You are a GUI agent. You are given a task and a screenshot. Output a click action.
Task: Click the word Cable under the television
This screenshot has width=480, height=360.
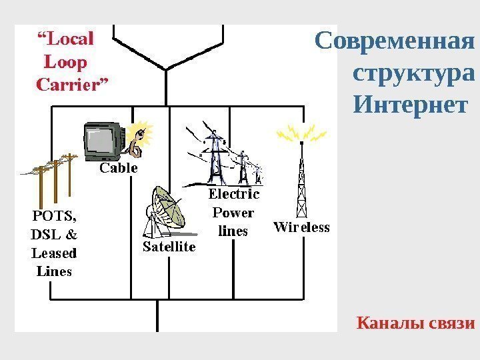pos(119,169)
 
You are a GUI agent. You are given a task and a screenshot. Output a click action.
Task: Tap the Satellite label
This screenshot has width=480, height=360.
pos(170,247)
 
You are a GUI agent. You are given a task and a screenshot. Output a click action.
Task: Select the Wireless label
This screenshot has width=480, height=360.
pos(301,227)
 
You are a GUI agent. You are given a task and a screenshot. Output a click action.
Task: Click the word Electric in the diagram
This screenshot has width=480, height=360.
pos(234,194)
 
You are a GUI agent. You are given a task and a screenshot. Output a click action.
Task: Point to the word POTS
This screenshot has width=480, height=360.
pos(53,215)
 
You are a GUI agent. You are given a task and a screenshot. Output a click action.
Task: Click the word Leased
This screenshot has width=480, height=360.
pos(54,253)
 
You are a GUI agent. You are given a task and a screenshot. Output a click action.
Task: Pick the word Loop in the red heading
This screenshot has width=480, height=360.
pos(65,63)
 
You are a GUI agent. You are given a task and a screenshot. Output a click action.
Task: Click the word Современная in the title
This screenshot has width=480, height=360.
pos(395,41)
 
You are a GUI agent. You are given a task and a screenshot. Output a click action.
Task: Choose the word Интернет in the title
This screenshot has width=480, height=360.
pos(410,105)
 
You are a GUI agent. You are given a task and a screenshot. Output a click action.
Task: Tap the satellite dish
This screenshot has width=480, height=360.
pos(167,209)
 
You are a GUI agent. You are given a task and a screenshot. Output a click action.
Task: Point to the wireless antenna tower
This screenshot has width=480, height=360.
pos(302,180)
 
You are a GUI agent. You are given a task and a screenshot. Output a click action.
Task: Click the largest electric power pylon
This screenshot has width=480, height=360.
pos(214,157)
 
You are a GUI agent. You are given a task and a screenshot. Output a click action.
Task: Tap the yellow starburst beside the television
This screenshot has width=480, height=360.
pos(142,131)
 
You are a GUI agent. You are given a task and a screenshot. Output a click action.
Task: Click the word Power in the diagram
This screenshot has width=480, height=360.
pos(233,213)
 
